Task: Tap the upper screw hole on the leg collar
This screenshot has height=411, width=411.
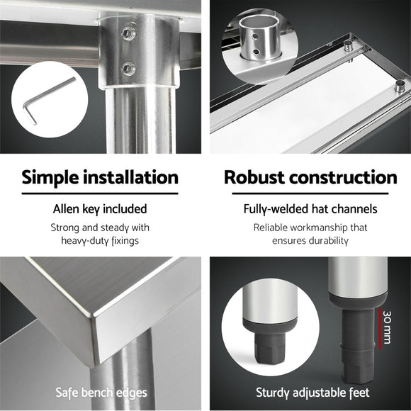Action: [128, 33]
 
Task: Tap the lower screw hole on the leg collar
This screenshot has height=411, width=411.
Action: [128, 68]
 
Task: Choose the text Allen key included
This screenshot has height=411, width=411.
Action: [100, 209]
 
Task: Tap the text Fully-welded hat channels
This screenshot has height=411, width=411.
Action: [310, 209]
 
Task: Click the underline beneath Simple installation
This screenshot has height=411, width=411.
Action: [100, 193]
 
